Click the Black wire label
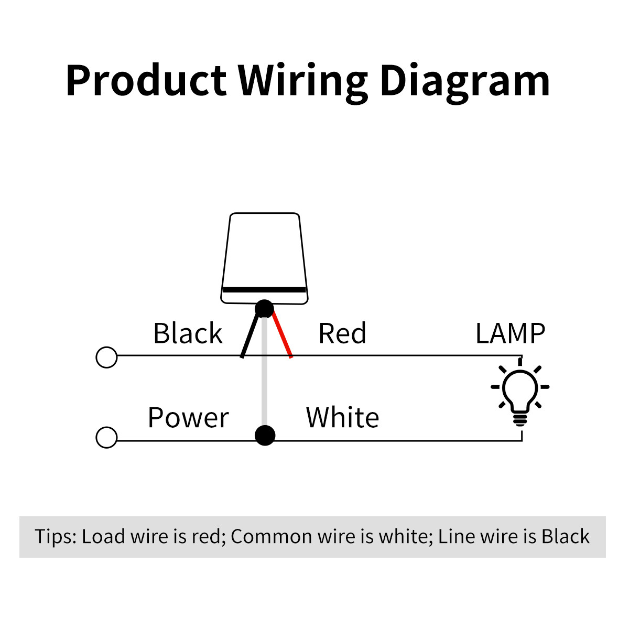pos(188,333)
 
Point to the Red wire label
pos(342,333)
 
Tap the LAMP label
pos(510,333)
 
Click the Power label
pos(188,418)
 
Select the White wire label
pos(342,418)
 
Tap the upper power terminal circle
pos(107,357)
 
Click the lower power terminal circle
pos(107,438)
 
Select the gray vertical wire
pos(265,377)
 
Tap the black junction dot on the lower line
pos(265,435)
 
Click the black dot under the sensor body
pos(264,309)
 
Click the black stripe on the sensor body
pos(264,289)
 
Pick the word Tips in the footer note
pos(55,537)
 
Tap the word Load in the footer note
pos(103,537)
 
